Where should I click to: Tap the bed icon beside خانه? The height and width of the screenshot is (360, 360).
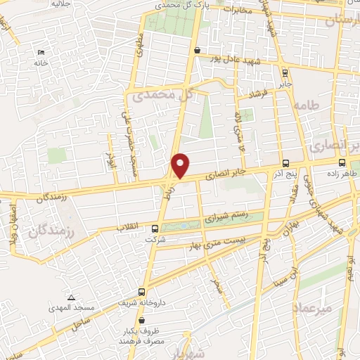tap(41, 53)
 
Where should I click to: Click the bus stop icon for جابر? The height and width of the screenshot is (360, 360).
tap(284, 72)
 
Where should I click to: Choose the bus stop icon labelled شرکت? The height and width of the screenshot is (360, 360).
tap(156, 228)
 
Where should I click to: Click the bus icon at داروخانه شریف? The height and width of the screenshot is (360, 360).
tap(142, 292)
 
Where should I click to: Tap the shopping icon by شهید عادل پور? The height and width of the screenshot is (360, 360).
tap(196, 51)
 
